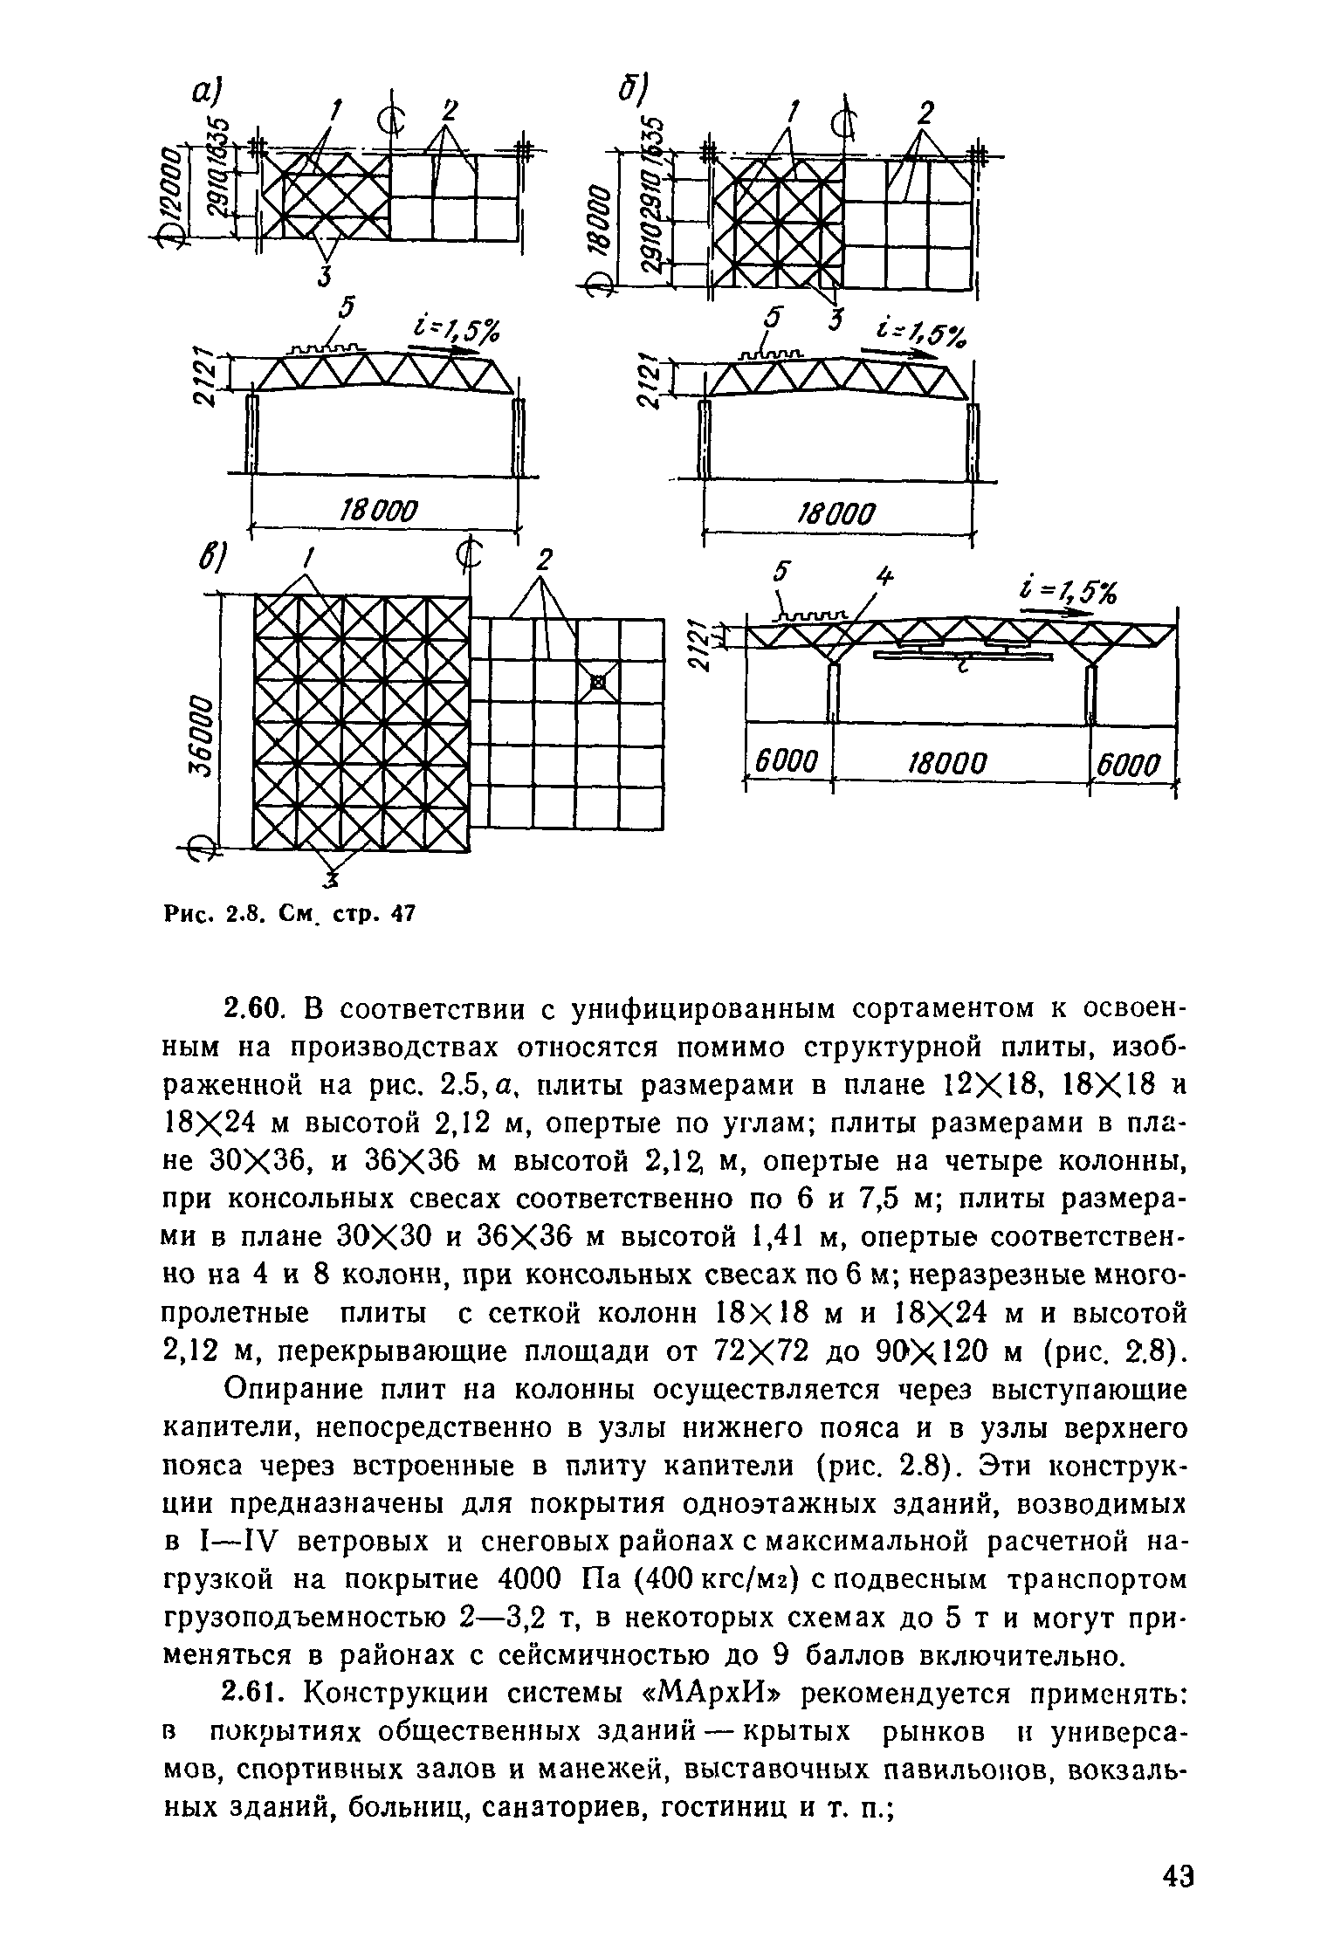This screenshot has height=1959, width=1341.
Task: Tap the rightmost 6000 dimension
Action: coord(1131,766)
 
